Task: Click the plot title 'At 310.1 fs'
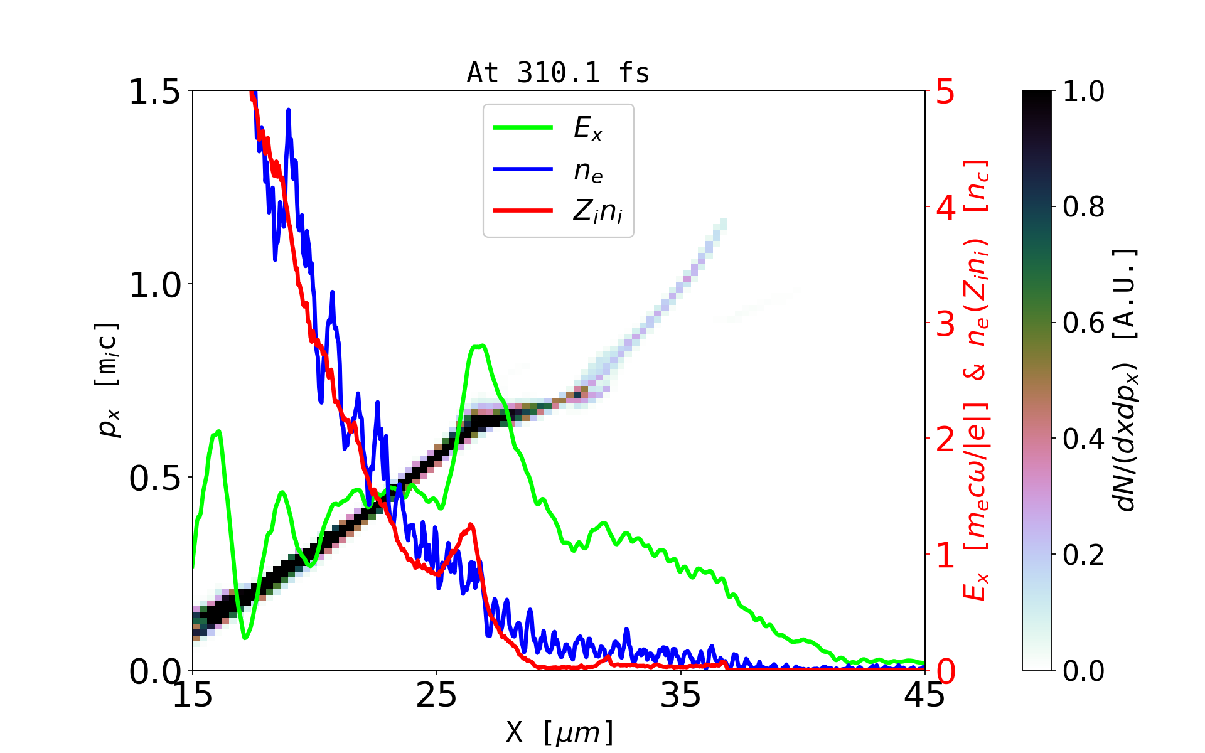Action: pos(558,73)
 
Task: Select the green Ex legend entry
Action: pos(587,129)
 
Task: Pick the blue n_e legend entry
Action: pos(587,170)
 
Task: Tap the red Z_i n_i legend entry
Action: pos(597,211)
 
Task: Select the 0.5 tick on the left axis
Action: pos(154,478)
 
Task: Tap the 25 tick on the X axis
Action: pos(437,695)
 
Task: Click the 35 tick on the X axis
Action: pos(681,695)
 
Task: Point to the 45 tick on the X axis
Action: pos(924,695)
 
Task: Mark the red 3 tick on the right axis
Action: pos(946,324)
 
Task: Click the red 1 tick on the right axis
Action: pos(946,555)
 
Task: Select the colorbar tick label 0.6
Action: pos(1083,323)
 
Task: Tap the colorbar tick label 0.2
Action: pos(1083,555)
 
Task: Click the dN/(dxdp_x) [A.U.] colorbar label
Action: pos(1126,380)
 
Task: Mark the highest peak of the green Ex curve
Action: pos(479,346)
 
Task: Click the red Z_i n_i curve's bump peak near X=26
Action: pos(471,525)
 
